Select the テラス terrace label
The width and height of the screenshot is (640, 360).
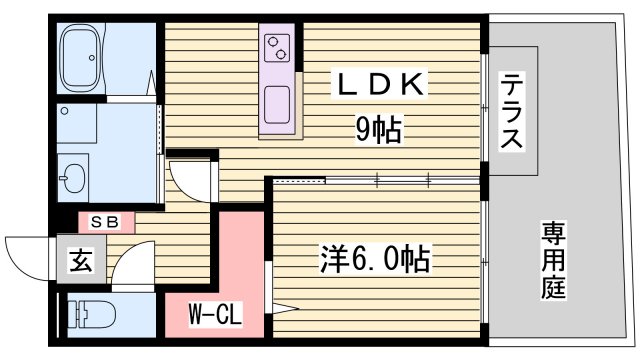511,112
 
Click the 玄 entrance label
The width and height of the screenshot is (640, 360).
80,261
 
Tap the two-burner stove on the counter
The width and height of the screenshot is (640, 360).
277,46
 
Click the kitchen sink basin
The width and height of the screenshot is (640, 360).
277,101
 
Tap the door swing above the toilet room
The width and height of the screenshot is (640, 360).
130,268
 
